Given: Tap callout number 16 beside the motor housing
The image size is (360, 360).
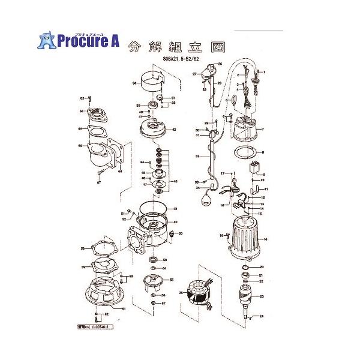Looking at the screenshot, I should (x=266, y=238).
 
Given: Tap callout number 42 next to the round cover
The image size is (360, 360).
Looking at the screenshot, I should (x=174, y=130).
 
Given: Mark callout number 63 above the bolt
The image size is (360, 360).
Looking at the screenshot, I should (x=82, y=97).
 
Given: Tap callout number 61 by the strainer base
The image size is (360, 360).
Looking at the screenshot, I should (x=124, y=309).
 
